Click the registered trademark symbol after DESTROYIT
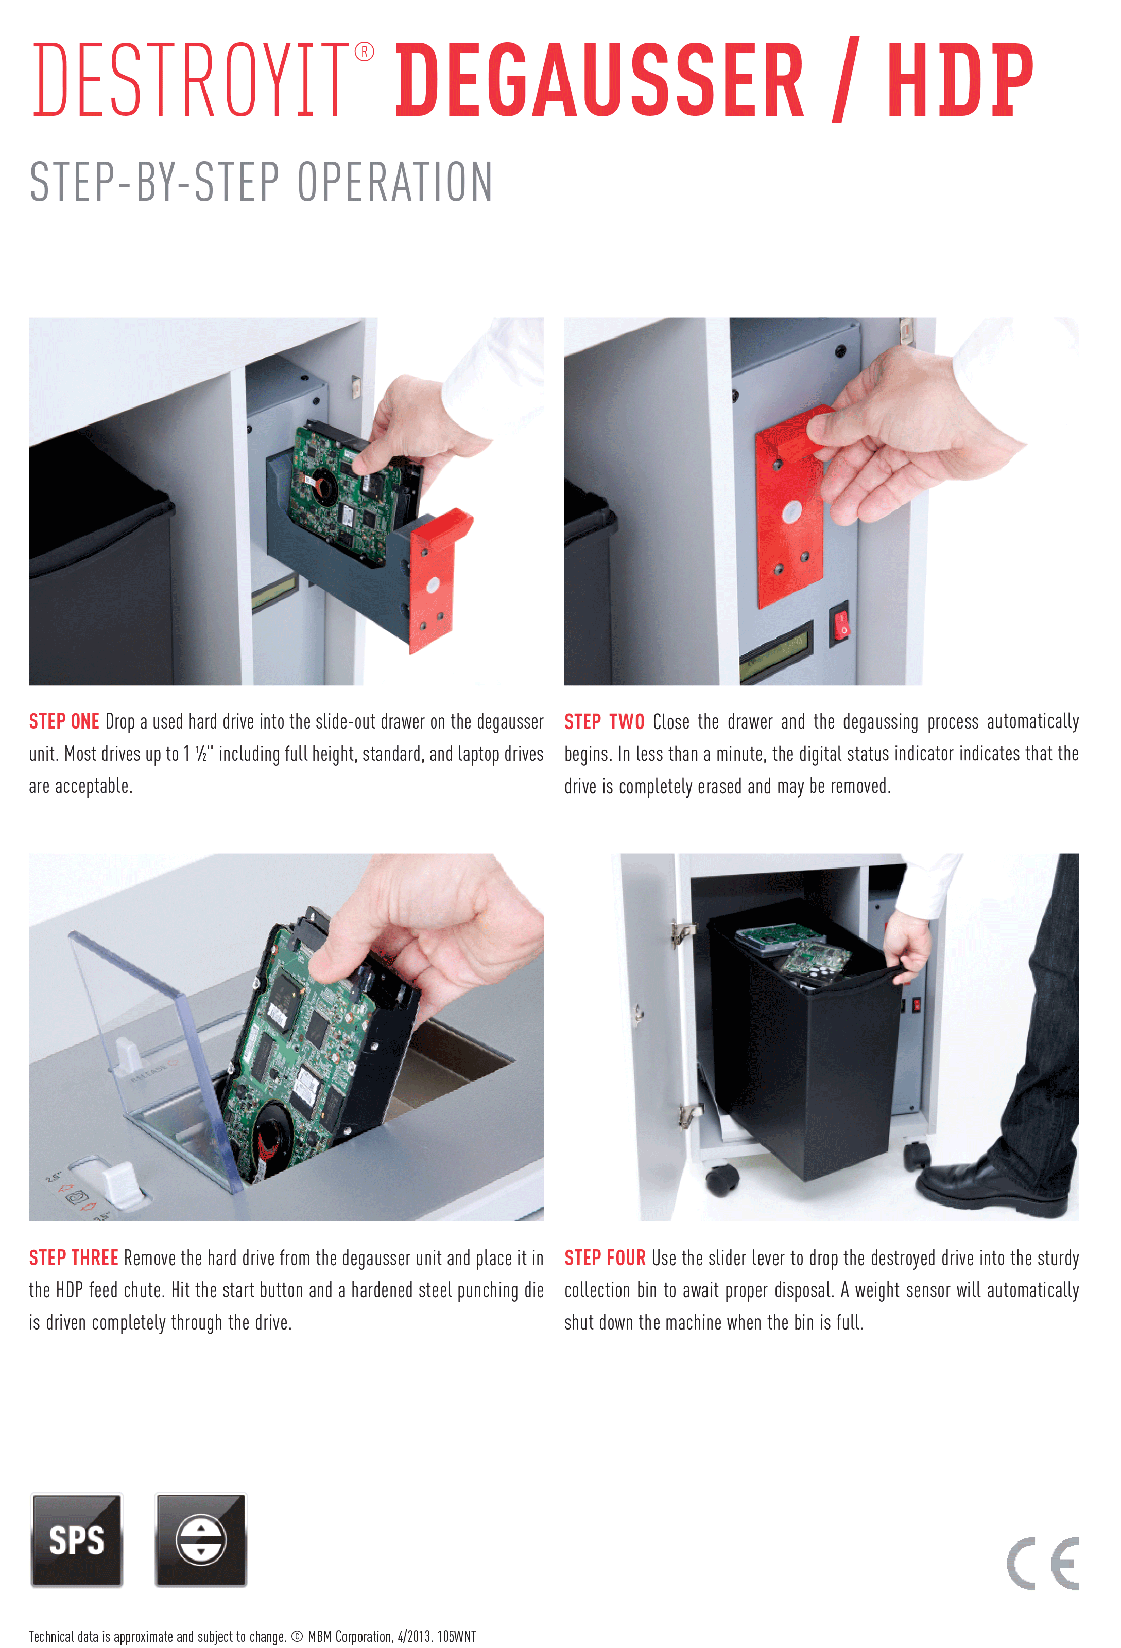pos(364,52)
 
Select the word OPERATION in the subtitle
pos(394,182)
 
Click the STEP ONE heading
pos(64,721)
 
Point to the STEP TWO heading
pos(604,721)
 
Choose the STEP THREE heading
pos(73,1257)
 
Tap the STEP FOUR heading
pos(605,1257)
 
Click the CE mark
pos(1043,1563)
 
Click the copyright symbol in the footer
pos(297,1636)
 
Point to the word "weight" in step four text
pos(877,1290)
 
